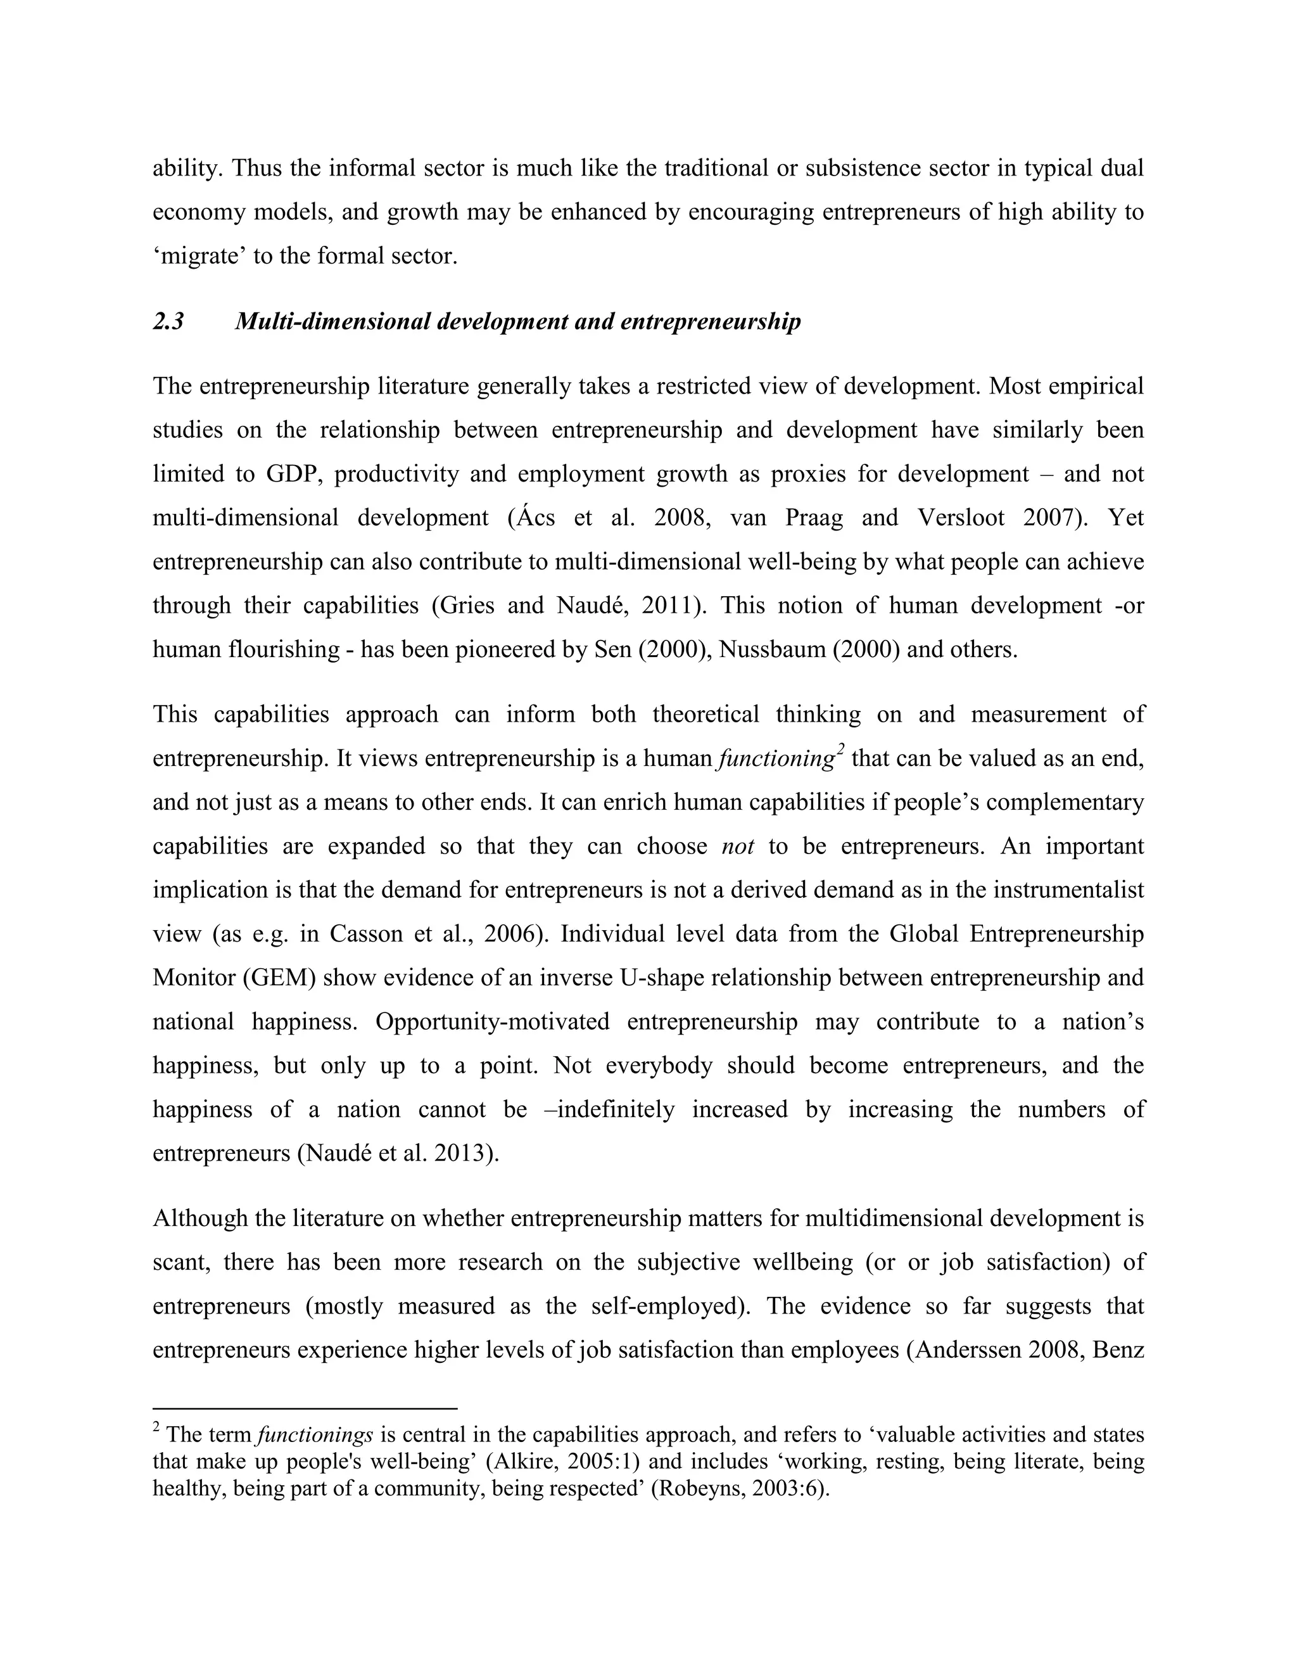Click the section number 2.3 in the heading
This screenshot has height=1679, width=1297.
(168, 321)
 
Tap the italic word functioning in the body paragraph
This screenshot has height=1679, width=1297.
(775, 760)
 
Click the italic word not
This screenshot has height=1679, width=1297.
(738, 846)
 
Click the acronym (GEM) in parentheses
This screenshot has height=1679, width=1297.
(280, 978)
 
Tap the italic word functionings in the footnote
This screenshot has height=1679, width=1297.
(315, 1435)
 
